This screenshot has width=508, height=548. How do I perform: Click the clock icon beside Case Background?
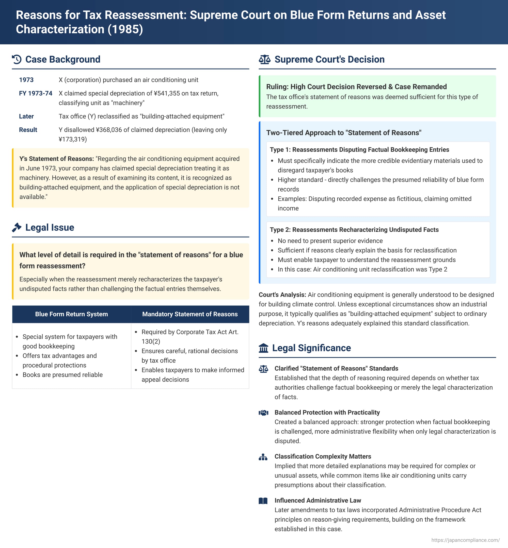point(17,59)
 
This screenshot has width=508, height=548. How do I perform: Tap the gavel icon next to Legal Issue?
point(17,227)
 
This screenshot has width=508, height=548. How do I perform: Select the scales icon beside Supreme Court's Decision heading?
point(264,59)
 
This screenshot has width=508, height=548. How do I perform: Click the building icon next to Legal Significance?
point(263,348)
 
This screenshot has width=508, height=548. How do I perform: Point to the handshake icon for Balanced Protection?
point(263,412)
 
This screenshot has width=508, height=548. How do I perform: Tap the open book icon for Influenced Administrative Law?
point(263,501)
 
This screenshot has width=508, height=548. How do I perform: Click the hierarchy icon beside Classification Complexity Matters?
point(263,457)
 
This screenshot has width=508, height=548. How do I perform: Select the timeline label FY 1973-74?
point(36,93)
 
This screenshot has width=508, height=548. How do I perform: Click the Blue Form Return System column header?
point(71,314)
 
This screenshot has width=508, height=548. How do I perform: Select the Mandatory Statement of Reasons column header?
point(190,314)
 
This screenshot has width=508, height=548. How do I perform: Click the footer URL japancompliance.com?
point(465,540)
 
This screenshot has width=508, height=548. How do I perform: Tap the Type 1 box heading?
point(359,150)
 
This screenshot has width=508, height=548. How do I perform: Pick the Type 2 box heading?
point(354,230)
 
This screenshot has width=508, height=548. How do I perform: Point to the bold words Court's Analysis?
point(282,295)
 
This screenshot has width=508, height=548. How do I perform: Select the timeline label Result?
point(28,130)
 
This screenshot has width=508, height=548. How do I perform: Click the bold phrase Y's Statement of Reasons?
point(57,159)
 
